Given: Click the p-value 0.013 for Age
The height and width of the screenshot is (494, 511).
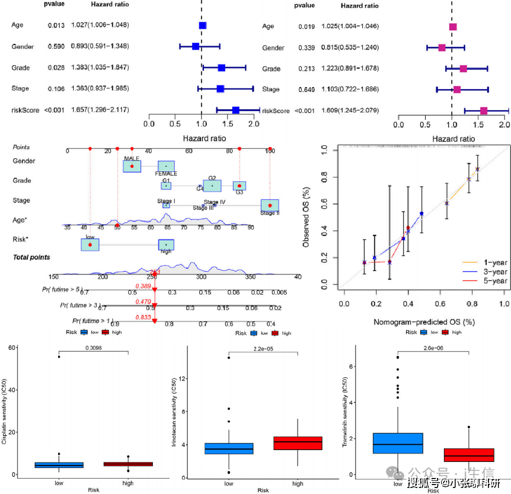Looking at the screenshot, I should (x=56, y=25).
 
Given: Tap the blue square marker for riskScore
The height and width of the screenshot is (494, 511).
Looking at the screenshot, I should (x=236, y=110).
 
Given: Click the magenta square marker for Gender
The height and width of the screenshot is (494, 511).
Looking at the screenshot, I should (x=442, y=47).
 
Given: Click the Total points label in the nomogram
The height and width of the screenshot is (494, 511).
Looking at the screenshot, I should (x=32, y=257).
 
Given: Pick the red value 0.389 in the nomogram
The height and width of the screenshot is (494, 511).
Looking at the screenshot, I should (x=143, y=286).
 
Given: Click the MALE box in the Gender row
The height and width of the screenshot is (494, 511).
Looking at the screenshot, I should (x=132, y=166).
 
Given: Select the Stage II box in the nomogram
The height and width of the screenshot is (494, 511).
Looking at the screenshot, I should (x=269, y=206).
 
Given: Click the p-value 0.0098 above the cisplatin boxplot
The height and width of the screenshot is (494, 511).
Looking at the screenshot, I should (x=94, y=348).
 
